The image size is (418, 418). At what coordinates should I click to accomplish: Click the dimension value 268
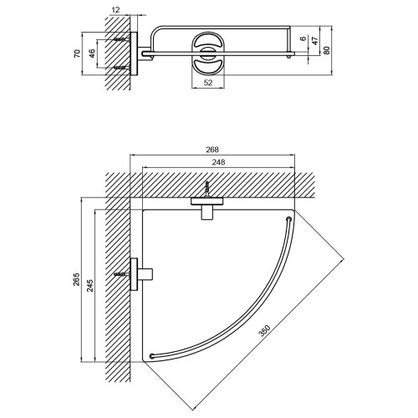click(212, 150)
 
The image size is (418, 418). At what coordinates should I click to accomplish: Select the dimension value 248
click(218, 162)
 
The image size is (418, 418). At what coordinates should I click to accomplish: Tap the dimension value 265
click(76, 279)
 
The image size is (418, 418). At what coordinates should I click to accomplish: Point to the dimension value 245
click(90, 285)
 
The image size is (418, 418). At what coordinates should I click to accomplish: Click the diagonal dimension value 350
click(265, 331)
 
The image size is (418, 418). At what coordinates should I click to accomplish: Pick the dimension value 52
click(208, 83)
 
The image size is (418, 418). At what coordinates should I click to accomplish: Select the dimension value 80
click(327, 50)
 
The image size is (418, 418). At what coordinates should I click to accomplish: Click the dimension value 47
click(315, 41)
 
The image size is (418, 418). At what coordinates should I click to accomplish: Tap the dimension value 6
click(303, 38)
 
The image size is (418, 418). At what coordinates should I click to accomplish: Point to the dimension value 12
click(115, 10)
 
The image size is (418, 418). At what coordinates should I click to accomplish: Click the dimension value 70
click(77, 54)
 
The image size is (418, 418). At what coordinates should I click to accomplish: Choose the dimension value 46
click(92, 54)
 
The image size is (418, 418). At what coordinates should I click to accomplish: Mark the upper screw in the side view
click(122, 40)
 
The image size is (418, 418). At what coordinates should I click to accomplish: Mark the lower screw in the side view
click(122, 68)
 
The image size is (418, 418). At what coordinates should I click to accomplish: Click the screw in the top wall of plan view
click(206, 189)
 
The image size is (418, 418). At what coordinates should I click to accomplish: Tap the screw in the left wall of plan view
click(122, 274)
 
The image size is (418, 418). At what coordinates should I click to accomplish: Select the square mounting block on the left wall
click(145, 274)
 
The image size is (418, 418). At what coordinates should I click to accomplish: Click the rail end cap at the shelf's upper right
click(288, 219)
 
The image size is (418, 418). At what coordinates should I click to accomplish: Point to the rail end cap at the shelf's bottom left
click(152, 356)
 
